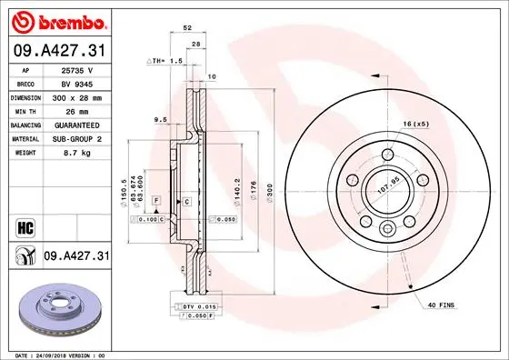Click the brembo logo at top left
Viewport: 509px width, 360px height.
[x=56, y=20]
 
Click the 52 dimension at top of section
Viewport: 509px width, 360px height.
[x=187, y=28]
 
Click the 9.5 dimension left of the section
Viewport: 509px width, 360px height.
[x=159, y=119]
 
